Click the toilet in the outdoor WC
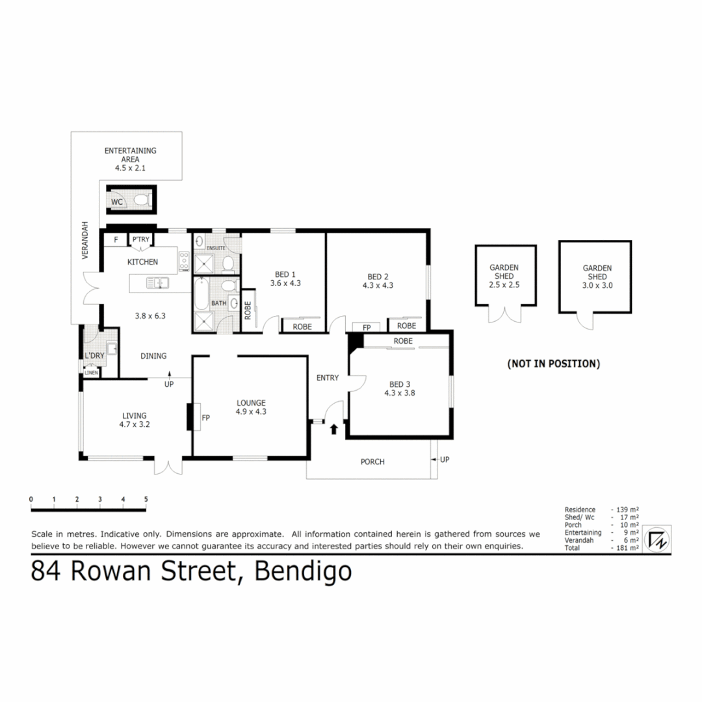tap(147, 200)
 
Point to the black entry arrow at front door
tap(334, 428)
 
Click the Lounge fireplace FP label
tap(205, 417)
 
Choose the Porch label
tap(372, 462)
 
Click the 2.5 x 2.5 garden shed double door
tap(505, 315)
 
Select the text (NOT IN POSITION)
tap(553, 364)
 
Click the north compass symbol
tap(658, 539)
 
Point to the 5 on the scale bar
tap(146, 499)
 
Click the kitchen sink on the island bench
tap(158, 283)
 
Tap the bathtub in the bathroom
tap(201, 294)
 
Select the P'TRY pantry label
tap(141, 240)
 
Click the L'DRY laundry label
tap(94, 356)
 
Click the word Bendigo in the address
tap(304, 571)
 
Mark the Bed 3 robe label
tap(403, 341)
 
